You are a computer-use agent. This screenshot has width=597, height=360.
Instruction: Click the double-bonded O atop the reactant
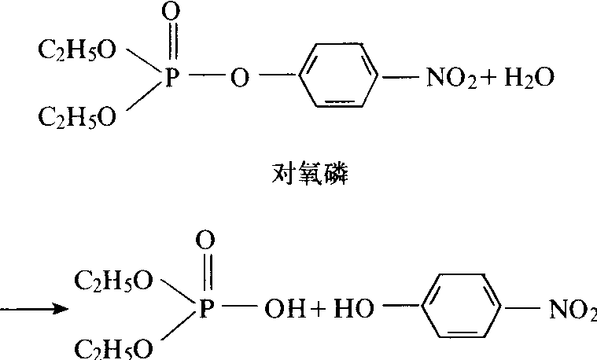click(x=171, y=12)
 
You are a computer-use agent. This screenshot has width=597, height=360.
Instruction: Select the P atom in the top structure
click(x=172, y=78)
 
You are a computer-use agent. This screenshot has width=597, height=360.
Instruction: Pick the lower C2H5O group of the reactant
click(x=77, y=117)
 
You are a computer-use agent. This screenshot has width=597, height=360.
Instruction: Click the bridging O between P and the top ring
click(x=240, y=78)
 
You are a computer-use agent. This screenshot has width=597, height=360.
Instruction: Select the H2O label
click(x=529, y=78)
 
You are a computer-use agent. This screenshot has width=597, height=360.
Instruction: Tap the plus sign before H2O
click(x=489, y=78)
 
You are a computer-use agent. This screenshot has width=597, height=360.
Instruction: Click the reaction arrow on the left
click(x=35, y=309)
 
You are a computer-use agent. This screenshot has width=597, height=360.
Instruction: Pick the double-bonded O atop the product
click(x=205, y=240)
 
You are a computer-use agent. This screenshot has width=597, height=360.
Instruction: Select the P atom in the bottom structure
click(x=207, y=308)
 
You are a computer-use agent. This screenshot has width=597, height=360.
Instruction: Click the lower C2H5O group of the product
click(x=113, y=348)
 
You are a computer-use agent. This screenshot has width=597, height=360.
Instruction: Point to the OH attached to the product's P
click(x=286, y=309)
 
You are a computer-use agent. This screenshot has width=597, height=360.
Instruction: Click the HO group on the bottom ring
click(x=354, y=308)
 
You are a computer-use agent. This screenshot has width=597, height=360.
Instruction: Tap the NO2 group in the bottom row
click(x=573, y=309)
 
